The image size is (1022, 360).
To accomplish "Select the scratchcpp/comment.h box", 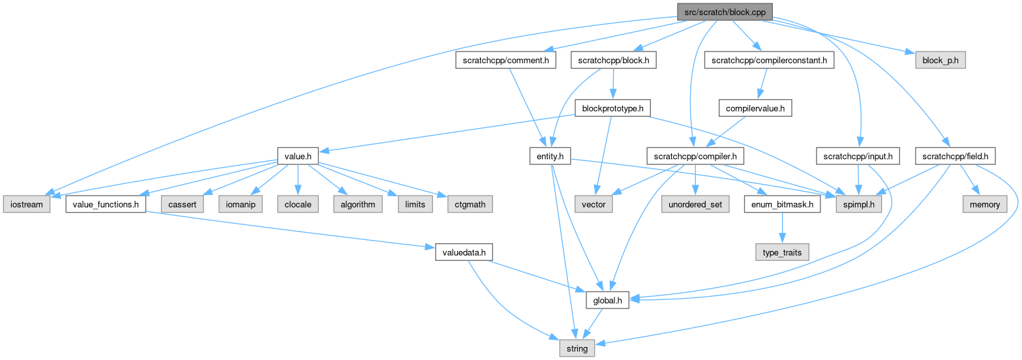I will (505, 61).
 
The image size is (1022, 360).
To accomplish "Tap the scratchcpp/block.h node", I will (613, 61).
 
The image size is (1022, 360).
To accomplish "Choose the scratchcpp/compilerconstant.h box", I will (769, 61).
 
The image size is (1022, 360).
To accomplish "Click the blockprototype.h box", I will (612, 108).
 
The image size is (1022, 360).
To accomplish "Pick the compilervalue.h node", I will (755, 108).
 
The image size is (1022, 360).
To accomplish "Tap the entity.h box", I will (550, 156).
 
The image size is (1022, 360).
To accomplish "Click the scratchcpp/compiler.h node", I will (695, 156).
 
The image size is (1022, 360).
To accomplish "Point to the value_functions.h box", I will (106, 204).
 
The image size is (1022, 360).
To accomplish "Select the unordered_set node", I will (695, 204).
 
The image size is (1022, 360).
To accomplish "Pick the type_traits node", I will (783, 252).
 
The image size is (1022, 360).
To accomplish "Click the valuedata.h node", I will (460, 252).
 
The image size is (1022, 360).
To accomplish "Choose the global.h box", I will (607, 301).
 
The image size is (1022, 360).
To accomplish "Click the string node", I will (577, 348).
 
